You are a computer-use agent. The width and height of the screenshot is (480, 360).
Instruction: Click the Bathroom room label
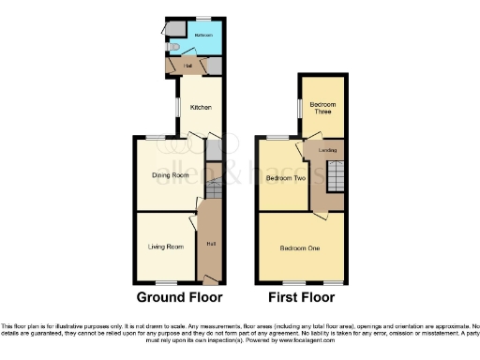tap(202, 34)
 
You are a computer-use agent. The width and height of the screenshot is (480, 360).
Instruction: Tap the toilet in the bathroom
tap(173, 44)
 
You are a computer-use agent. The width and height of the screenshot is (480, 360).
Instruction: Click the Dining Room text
tap(171, 175)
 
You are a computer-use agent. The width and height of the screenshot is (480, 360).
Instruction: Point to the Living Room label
tap(165, 247)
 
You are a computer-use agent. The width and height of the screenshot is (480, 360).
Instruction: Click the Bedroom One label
tap(300, 248)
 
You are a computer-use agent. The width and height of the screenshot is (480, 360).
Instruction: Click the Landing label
tap(328, 150)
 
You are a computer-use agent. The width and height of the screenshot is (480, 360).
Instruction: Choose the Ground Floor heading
tap(180, 297)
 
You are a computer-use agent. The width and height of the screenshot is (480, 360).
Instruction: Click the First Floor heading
tap(301, 297)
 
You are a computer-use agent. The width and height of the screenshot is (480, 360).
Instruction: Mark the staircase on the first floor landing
tap(335, 174)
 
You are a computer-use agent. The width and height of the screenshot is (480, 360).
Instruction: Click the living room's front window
tap(168, 282)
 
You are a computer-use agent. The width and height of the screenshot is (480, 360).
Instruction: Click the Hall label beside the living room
tap(210, 245)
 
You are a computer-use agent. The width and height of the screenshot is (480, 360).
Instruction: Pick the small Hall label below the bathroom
tap(188, 66)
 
